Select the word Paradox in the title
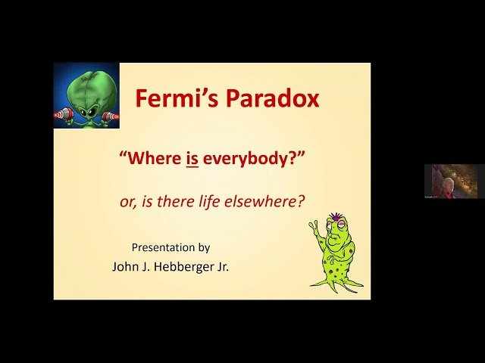point(264,99)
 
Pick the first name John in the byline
point(125,266)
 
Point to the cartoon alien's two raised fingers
point(313,227)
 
